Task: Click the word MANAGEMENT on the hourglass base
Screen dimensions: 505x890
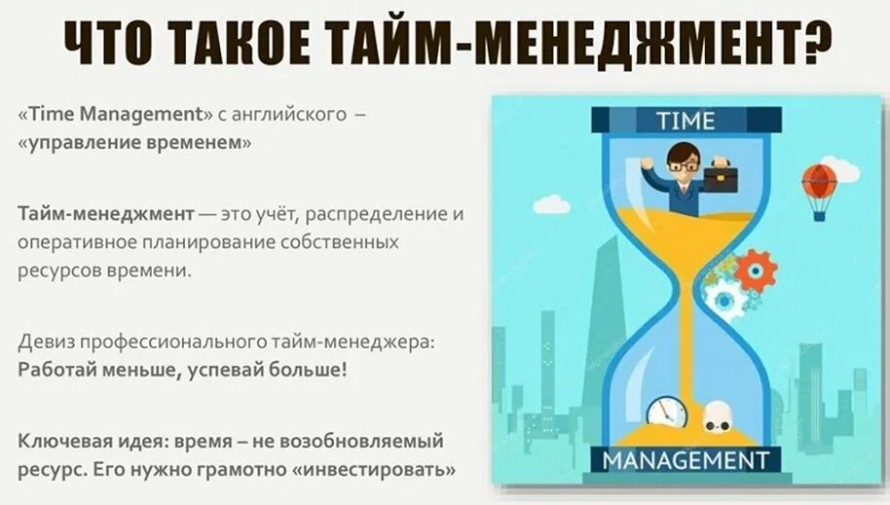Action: pyautogui.click(x=686, y=459)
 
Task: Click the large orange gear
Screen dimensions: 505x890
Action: pyautogui.click(x=756, y=270)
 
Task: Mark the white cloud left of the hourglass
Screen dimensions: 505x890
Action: pyautogui.click(x=551, y=204)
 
